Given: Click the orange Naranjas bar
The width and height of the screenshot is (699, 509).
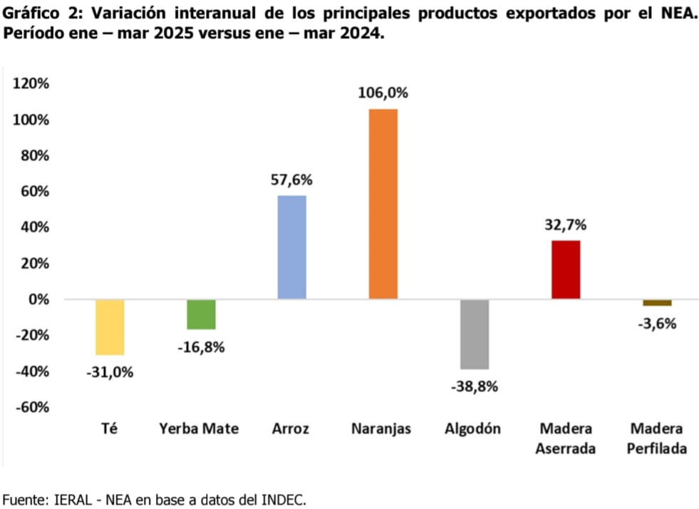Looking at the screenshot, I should point(383,204).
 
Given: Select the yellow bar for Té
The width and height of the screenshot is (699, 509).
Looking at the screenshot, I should point(110,327).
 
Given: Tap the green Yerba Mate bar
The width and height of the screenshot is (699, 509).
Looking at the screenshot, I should point(201,314).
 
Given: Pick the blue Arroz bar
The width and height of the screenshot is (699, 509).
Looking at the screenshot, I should point(291,247).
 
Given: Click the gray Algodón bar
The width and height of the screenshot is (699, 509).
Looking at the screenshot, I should point(475,334).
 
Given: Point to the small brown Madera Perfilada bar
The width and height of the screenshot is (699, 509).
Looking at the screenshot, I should point(657,303).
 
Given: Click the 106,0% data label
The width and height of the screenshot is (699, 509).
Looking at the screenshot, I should point(383,93).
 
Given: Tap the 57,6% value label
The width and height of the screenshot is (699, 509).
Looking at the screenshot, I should point(291,180).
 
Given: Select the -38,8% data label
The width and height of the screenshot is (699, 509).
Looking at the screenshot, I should point(475,387).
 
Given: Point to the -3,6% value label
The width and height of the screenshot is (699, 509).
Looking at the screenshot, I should point(657,323).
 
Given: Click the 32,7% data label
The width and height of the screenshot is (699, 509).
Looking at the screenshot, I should point(566,225).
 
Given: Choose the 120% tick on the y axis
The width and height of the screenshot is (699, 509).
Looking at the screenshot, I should point(31,84).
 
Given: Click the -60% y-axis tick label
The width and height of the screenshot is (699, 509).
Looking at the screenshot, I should point(31,407).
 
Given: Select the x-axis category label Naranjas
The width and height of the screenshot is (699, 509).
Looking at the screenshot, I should point(381,429).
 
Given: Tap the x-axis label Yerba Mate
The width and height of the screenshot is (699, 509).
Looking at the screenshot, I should point(199,429).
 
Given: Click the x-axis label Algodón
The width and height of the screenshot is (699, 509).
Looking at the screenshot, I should point(472,429).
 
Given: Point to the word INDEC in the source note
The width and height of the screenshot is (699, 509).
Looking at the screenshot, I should point(282,500).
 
